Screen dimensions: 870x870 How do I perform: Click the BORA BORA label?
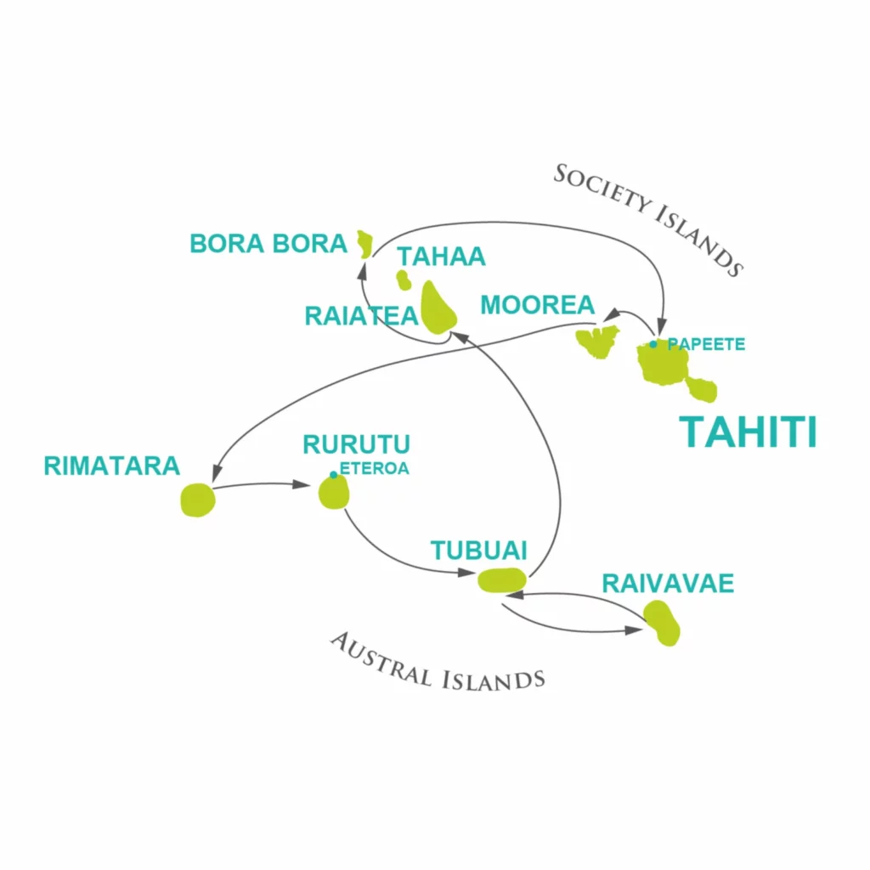tap(268, 244)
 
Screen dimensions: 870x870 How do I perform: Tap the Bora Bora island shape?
tap(364, 244)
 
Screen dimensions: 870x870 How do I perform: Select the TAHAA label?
tap(441, 257)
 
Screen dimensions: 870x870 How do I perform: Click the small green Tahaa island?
tap(404, 280)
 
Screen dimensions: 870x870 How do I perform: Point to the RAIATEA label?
tap(361, 316)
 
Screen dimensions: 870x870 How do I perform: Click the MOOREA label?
tap(537, 305)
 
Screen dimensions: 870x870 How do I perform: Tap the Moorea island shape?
tap(597, 342)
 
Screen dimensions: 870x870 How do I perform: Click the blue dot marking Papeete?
tap(653, 345)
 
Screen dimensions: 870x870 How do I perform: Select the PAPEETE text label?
tap(706, 345)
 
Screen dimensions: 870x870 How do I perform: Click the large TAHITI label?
tap(748, 432)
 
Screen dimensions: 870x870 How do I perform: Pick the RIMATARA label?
tap(111, 466)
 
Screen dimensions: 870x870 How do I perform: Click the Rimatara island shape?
tap(198, 500)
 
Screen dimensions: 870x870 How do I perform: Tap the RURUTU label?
tap(356, 444)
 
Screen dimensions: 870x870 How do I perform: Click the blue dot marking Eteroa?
tap(333, 475)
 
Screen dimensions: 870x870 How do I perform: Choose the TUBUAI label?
tap(478, 551)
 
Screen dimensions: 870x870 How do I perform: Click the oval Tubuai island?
tap(502, 580)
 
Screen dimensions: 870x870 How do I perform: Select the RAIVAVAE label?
tap(668, 583)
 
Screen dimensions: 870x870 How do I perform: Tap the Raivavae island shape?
tap(662, 623)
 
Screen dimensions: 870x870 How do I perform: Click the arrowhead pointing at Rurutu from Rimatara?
tap(301, 484)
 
